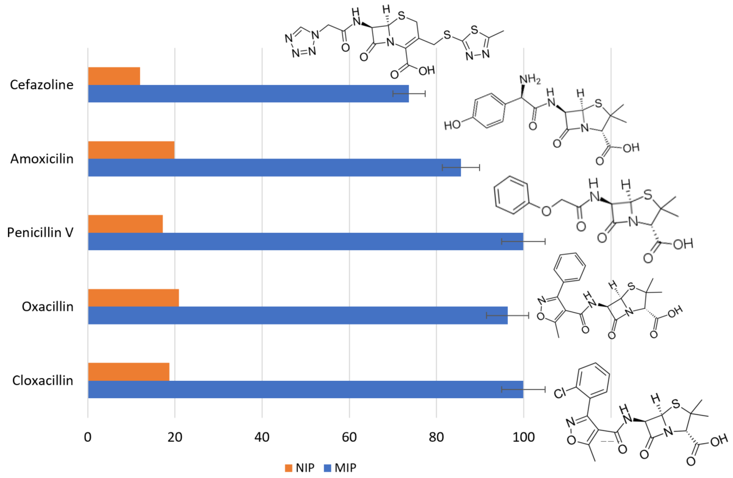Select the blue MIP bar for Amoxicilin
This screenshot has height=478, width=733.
tap(274, 167)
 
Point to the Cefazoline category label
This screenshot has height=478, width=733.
tap(42, 85)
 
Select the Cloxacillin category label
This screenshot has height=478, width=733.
tap(43, 381)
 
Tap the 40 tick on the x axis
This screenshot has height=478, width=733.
tap(262, 437)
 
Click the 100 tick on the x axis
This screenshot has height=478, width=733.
tap(523, 437)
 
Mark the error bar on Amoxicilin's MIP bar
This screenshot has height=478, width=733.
tap(461, 167)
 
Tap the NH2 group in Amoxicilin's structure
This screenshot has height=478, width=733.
tap(530, 80)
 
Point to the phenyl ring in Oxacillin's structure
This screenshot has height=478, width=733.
tap(569, 267)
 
